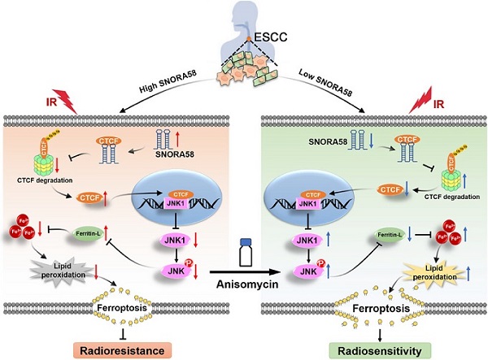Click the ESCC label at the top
tap(259, 42)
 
